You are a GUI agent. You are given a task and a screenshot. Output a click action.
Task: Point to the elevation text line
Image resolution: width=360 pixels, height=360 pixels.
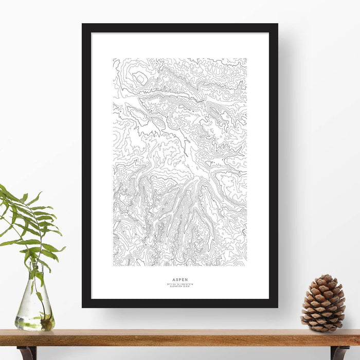point(180,286)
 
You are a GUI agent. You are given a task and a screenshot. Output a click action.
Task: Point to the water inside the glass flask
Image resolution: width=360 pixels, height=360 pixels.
point(34,321)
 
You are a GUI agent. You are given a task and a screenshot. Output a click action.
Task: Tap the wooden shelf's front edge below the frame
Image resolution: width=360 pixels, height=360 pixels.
point(180,341)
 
